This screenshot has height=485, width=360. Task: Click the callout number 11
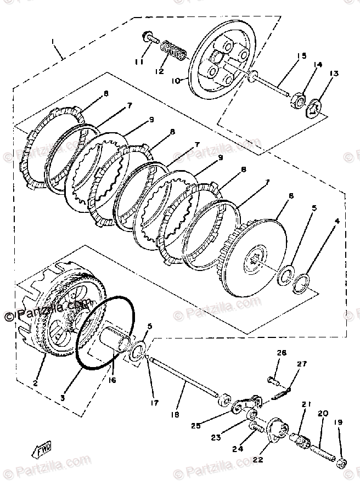[139, 62]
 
